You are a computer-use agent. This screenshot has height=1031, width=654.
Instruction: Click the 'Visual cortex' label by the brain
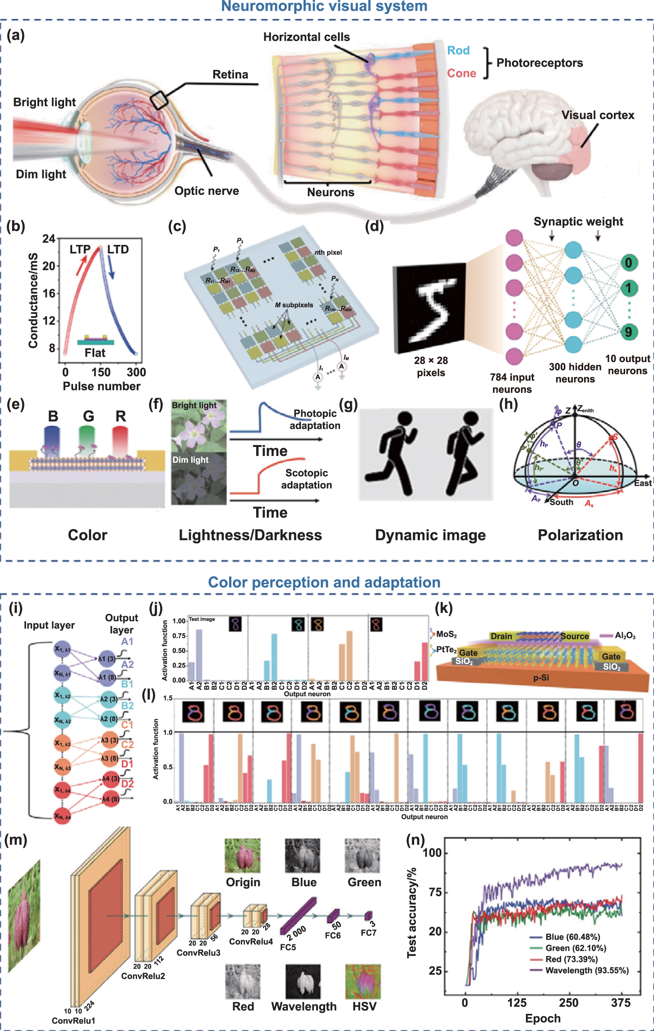[x=598, y=115]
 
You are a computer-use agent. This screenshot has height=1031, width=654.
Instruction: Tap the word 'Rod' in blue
[x=458, y=51]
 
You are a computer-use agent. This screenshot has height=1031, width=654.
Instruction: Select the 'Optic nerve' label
[x=207, y=191]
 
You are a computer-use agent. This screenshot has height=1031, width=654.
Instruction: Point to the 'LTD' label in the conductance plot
[x=118, y=249]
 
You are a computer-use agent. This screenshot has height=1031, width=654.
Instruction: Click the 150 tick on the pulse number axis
[x=101, y=372]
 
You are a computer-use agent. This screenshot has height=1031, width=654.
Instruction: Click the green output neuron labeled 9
[x=628, y=332]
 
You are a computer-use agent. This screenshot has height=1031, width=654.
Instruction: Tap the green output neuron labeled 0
[x=628, y=262]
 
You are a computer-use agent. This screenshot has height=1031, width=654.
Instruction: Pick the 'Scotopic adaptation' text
[x=306, y=479]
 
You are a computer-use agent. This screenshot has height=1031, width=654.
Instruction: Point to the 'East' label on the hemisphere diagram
[x=642, y=483]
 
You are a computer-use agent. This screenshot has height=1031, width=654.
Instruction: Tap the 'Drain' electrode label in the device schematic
[x=501, y=636]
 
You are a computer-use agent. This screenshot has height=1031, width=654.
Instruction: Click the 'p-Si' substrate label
[x=541, y=677]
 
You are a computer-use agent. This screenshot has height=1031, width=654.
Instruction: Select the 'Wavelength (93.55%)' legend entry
[x=587, y=971]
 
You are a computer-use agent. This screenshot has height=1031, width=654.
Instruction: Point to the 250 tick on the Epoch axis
[x=568, y=1003]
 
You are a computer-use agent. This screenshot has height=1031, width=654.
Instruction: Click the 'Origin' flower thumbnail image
[x=243, y=856]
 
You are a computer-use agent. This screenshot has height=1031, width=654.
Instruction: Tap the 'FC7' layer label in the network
[x=368, y=933]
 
